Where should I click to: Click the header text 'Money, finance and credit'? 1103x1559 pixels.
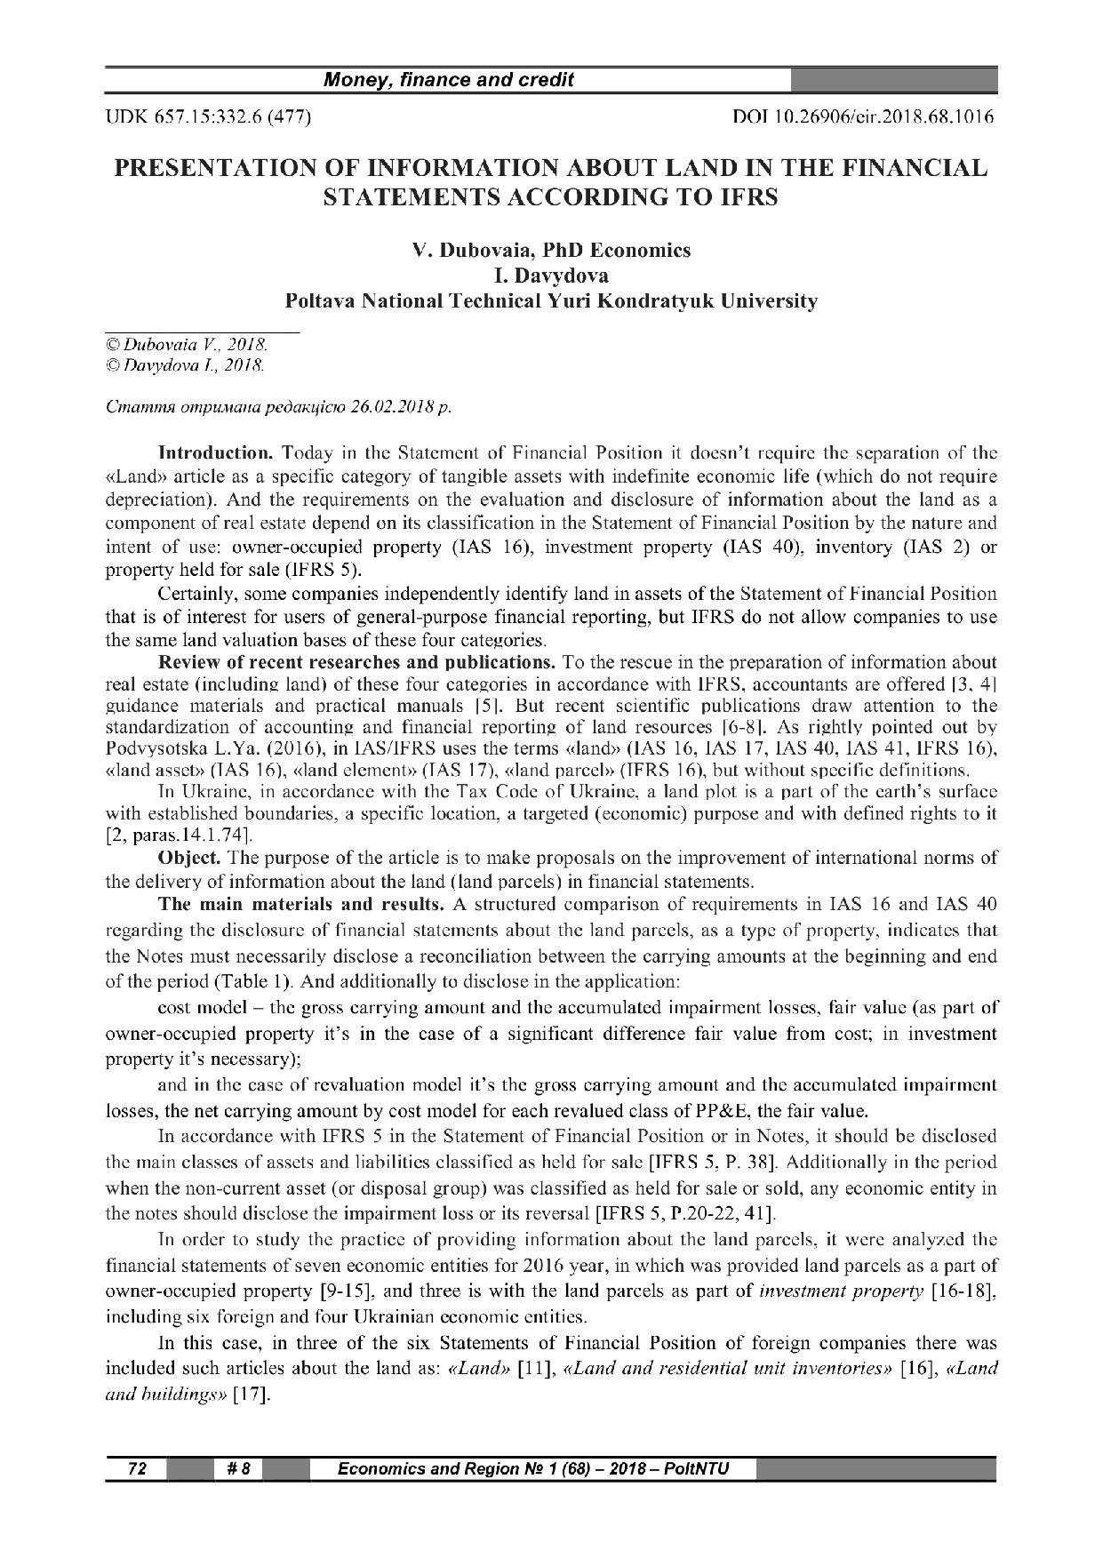tap(448, 81)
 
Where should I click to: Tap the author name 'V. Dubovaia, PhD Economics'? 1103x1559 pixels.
tap(551, 250)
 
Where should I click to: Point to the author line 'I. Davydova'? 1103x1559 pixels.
tap(551, 276)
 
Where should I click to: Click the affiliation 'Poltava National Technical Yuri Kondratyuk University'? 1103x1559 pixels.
tap(551, 301)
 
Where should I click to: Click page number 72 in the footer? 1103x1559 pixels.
tap(136, 1468)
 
